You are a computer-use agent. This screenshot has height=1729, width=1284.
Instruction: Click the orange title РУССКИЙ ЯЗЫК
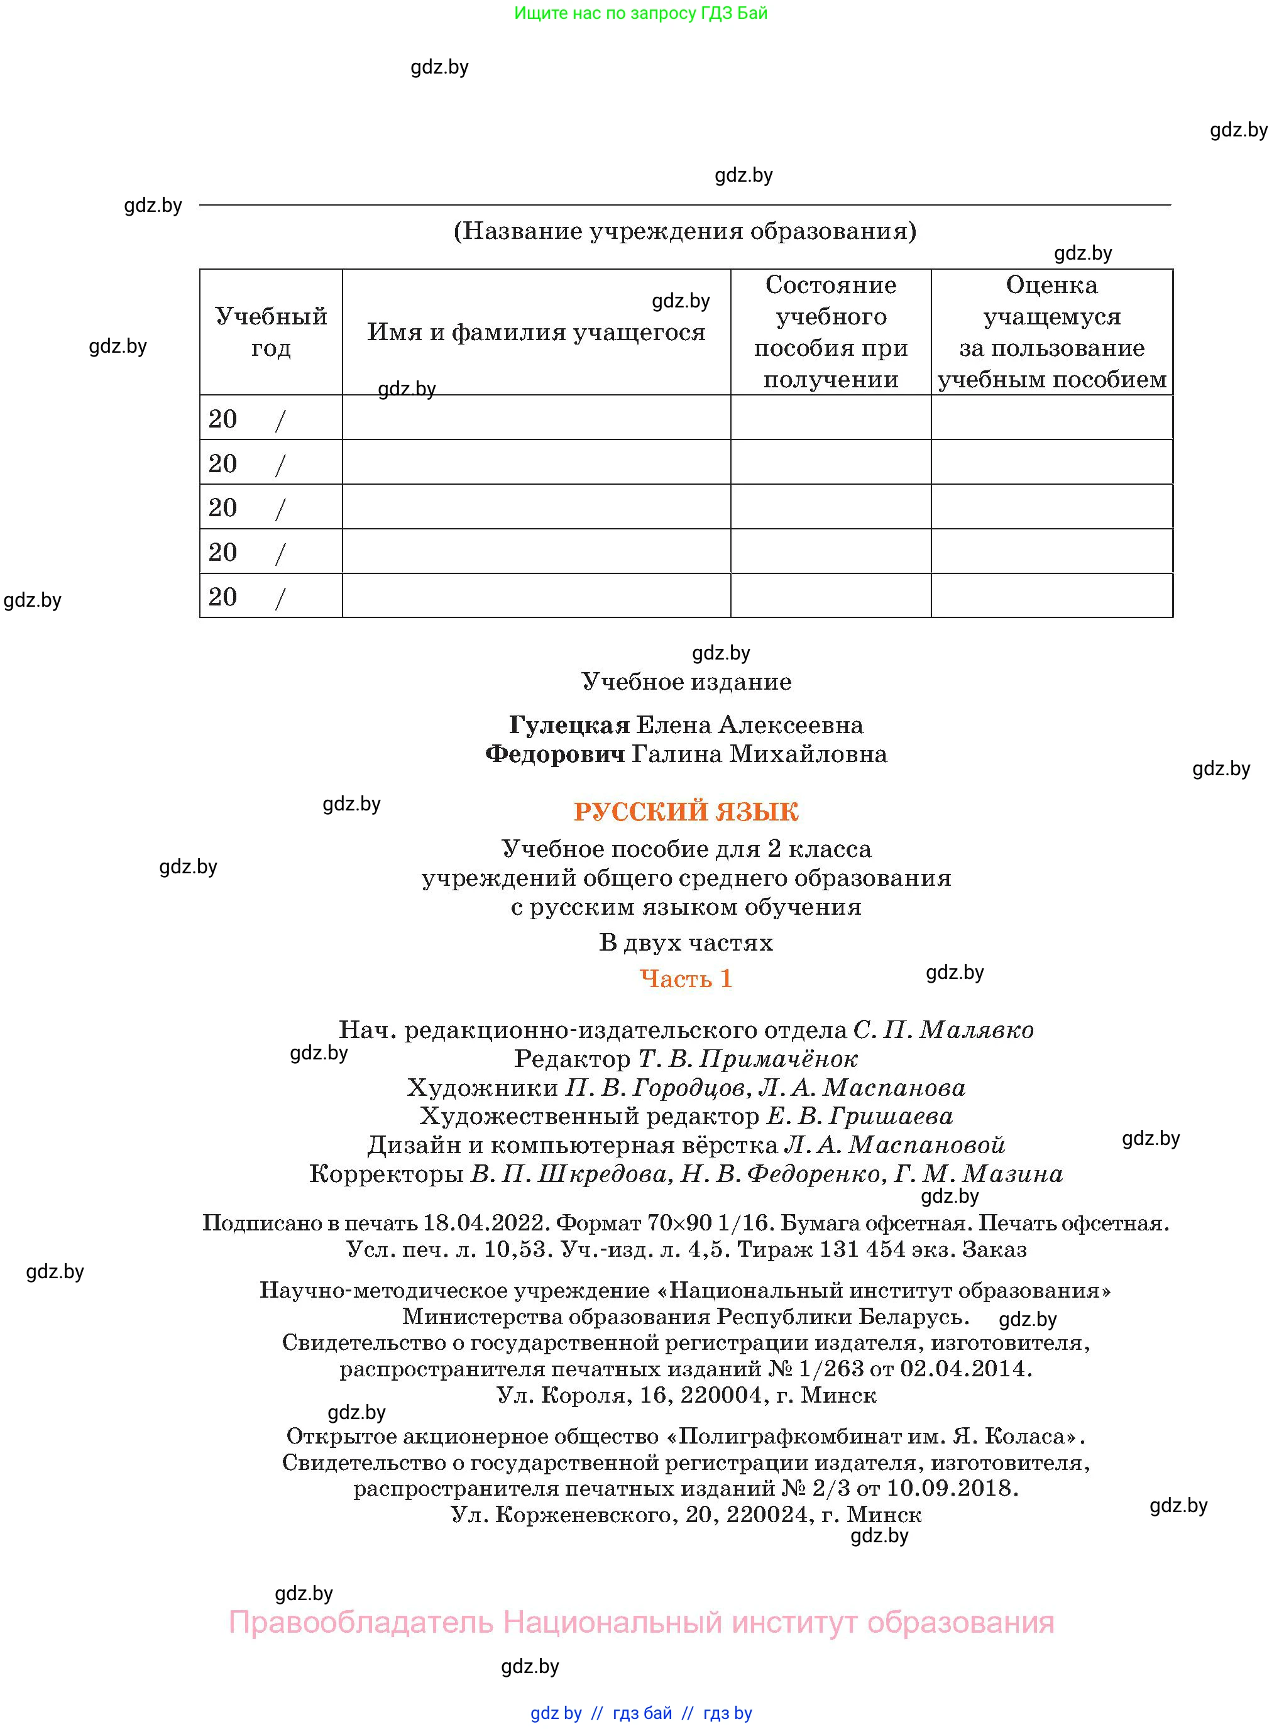point(686,812)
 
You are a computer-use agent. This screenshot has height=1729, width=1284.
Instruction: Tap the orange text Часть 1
point(686,978)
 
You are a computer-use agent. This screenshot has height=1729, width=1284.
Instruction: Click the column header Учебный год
point(270,332)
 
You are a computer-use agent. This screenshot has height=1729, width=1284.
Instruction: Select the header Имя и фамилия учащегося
point(535,333)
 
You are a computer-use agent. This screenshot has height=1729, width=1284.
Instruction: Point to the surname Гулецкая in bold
point(569,726)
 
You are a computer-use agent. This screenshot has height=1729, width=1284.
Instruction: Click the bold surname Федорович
point(555,754)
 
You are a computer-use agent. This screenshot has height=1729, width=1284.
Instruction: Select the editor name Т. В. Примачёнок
point(748,1059)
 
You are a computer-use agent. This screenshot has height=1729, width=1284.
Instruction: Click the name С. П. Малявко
point(943,1030)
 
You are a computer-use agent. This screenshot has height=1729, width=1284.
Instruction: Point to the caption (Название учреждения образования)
point(685,231)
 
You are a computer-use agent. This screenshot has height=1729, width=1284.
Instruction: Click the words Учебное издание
point(686,682)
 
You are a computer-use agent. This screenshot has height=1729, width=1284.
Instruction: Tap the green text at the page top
point(640,13)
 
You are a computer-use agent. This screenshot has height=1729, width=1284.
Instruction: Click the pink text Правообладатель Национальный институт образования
point(641,1623)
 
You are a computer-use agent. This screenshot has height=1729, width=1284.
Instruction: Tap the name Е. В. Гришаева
point(859,1117)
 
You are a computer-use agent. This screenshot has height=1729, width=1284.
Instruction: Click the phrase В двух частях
point(686,943)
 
